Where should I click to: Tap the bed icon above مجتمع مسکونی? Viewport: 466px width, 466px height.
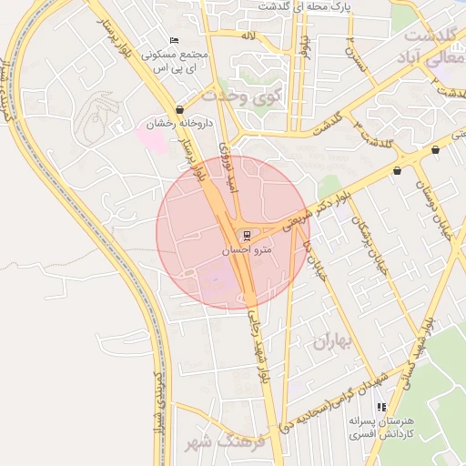point(175,41)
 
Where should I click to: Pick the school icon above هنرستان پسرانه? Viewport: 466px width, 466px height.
point(381,407)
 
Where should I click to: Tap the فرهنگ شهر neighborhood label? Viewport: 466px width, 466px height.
point(222,444)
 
